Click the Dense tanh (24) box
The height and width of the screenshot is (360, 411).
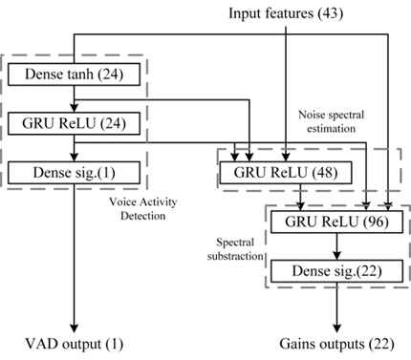pyautogui.click(x=74, y=74)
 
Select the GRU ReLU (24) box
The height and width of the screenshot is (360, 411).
pyautogui.click(x=74, y=123)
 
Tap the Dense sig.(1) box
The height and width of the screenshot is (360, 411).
pyautogui.click(x=74, y=173)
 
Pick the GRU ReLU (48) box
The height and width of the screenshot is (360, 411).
pyautogui.click(x=286, y=173)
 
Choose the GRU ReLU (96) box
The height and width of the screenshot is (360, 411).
pyautogui.click(x=336, y=222)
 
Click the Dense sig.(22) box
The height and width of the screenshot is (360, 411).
pyautogui.click(x=336, y=271)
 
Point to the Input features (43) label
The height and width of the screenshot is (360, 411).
pyautogui.click(x=286, y=13)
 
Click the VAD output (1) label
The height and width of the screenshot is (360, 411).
pyautogui.click(x=74, y=344)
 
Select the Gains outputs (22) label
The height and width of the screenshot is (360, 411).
pyautogui.click(x=336, y=344)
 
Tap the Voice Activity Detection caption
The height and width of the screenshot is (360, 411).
pyautogui.click(x=143, y=209)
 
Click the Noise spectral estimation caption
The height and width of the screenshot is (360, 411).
pyautogui.click(x=331, y=121)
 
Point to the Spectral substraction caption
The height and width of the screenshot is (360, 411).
pyautogui.click(x=235, y=249)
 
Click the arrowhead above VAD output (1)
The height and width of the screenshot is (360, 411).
pyautogui.click(x=74, y=328)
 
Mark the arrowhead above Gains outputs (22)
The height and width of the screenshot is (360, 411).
pyautogui.click(x=336, y=328)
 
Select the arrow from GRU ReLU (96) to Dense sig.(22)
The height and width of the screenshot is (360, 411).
pyautogui.click(x=336, y=246)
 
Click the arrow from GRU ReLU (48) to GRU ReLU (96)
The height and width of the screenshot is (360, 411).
pyautogui.click(x=300, y=198)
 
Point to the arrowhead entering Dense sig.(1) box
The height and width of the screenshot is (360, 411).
pyautogui.click(x=74, y=158)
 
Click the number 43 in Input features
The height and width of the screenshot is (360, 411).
pyautogui.click(x=331, y=13)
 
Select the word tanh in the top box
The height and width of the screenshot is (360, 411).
pyautogui.click(x=80, y=74)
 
